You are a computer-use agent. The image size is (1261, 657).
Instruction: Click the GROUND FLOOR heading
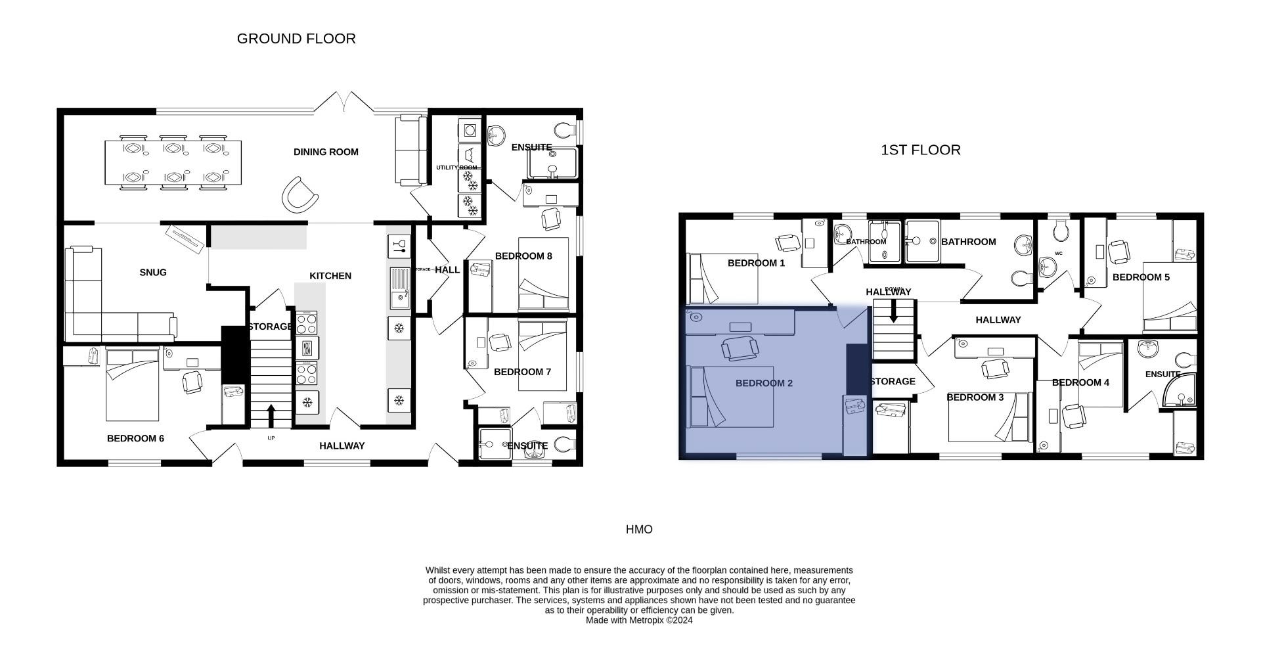coord(296,39)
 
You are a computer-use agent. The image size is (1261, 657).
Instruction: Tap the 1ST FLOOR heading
coord(920,150)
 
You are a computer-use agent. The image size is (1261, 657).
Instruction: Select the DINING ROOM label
coord(326,152)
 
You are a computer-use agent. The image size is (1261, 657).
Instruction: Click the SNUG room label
coord(153,272)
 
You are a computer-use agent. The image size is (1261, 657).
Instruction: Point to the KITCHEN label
coord(330,276)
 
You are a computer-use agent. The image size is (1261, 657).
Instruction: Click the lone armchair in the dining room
coord(299,195)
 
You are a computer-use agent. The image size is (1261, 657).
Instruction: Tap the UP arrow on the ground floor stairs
coord(271,416)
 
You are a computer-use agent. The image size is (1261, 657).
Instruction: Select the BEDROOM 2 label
coord(764,383)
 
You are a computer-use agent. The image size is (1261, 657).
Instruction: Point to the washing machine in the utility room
coord(470,130)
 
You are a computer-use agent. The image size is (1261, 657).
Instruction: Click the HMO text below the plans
coord(638,530)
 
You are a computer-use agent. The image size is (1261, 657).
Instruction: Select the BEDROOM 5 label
coord(1141,277)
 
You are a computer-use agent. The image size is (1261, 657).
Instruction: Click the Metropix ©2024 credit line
coord(638,620)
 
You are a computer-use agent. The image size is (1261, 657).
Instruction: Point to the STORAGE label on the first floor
coord(893,382)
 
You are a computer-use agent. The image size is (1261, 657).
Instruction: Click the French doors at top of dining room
coord(343,102)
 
